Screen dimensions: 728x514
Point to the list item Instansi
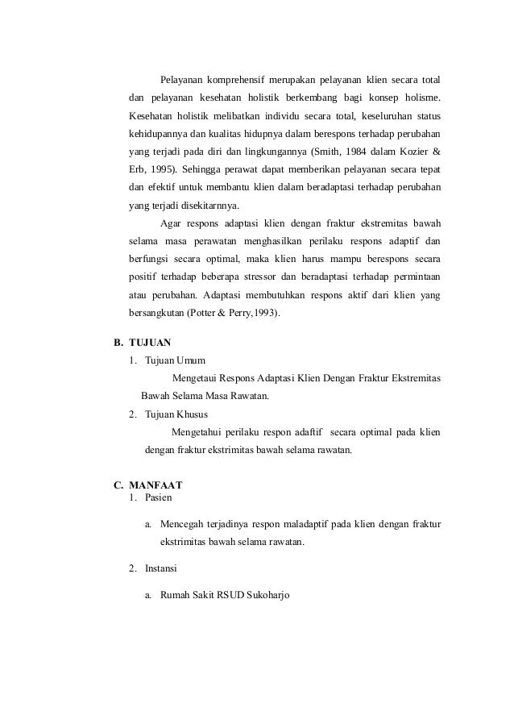click(162, 569)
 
